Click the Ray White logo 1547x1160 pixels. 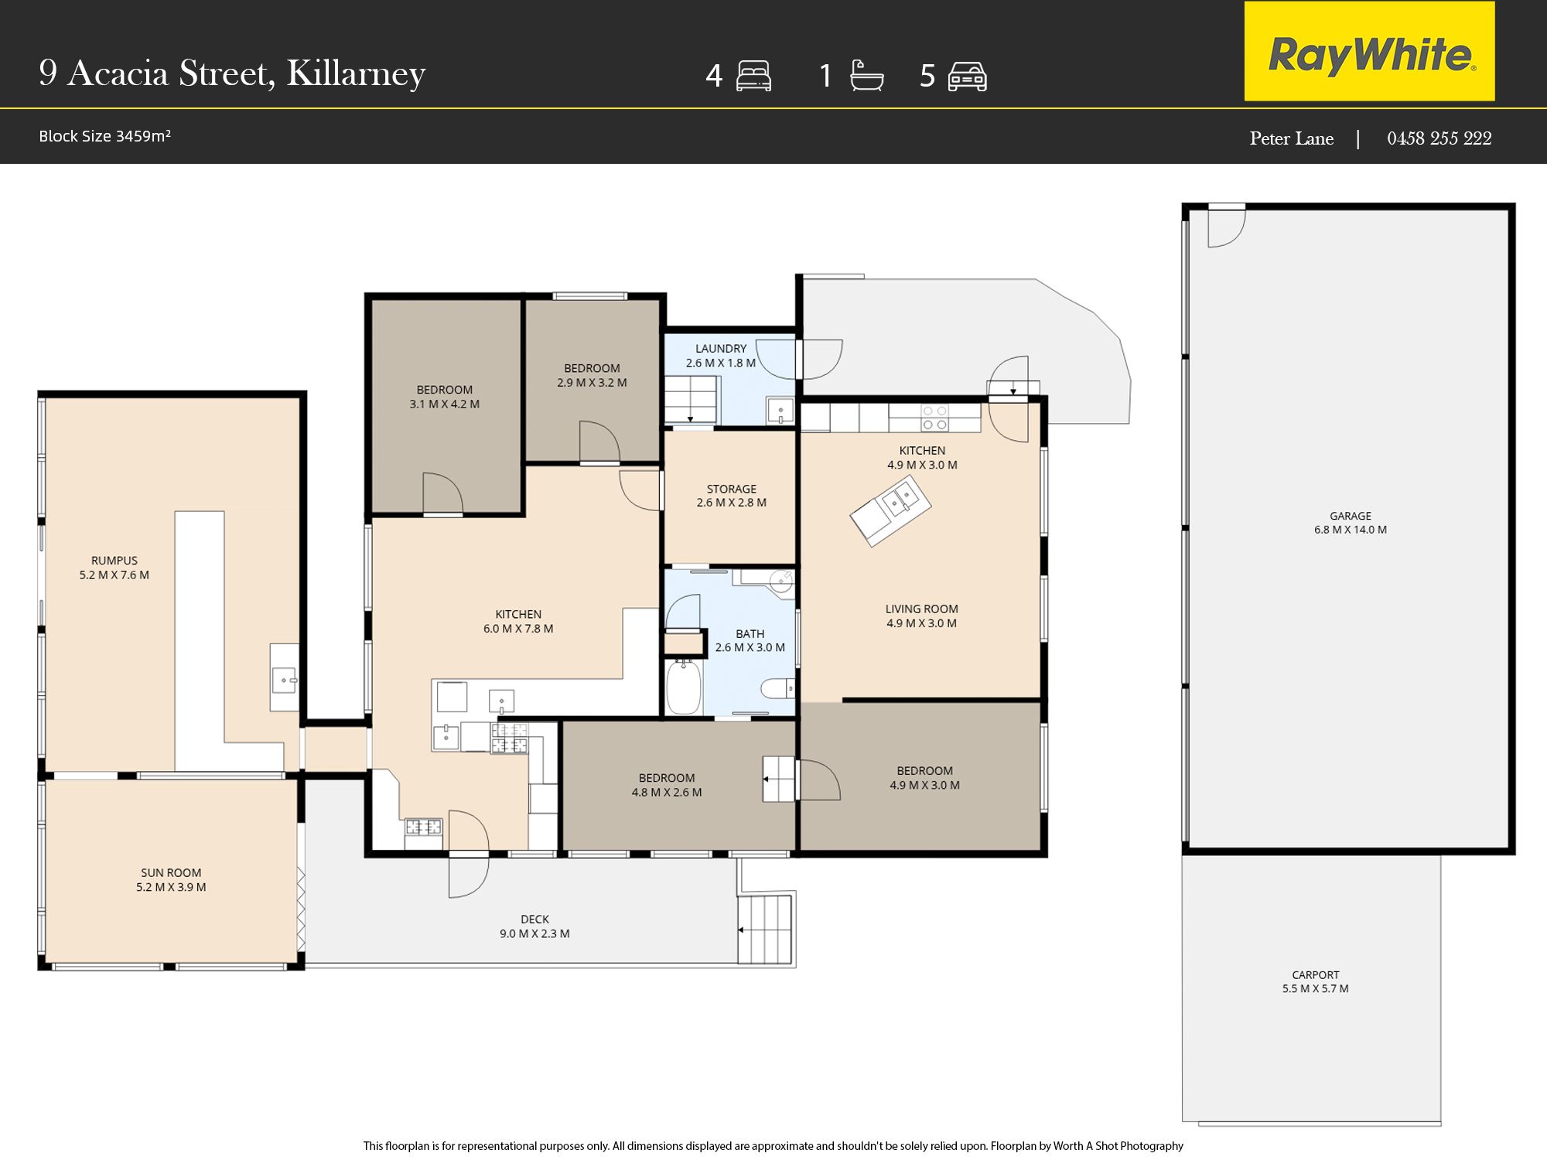[1369, 51]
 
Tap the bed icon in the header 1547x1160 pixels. [753, 76]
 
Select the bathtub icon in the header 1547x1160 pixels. [866, 76]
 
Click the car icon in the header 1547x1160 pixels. [967, 77]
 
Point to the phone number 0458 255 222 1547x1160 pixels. [1439, 138]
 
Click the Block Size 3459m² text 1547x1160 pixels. [104, 136]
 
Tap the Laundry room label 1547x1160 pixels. [721, 356]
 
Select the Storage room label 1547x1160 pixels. [731, 496]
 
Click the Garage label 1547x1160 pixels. [1351, 523]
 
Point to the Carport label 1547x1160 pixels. [1315, 981]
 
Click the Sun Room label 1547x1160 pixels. [171, 880]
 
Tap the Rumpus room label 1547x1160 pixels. [114, 568]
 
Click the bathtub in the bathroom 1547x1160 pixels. [684, 687]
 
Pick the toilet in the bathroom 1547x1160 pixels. [777, 687]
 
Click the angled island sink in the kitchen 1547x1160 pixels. [890, 511]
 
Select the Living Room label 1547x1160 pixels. [921, 616]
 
